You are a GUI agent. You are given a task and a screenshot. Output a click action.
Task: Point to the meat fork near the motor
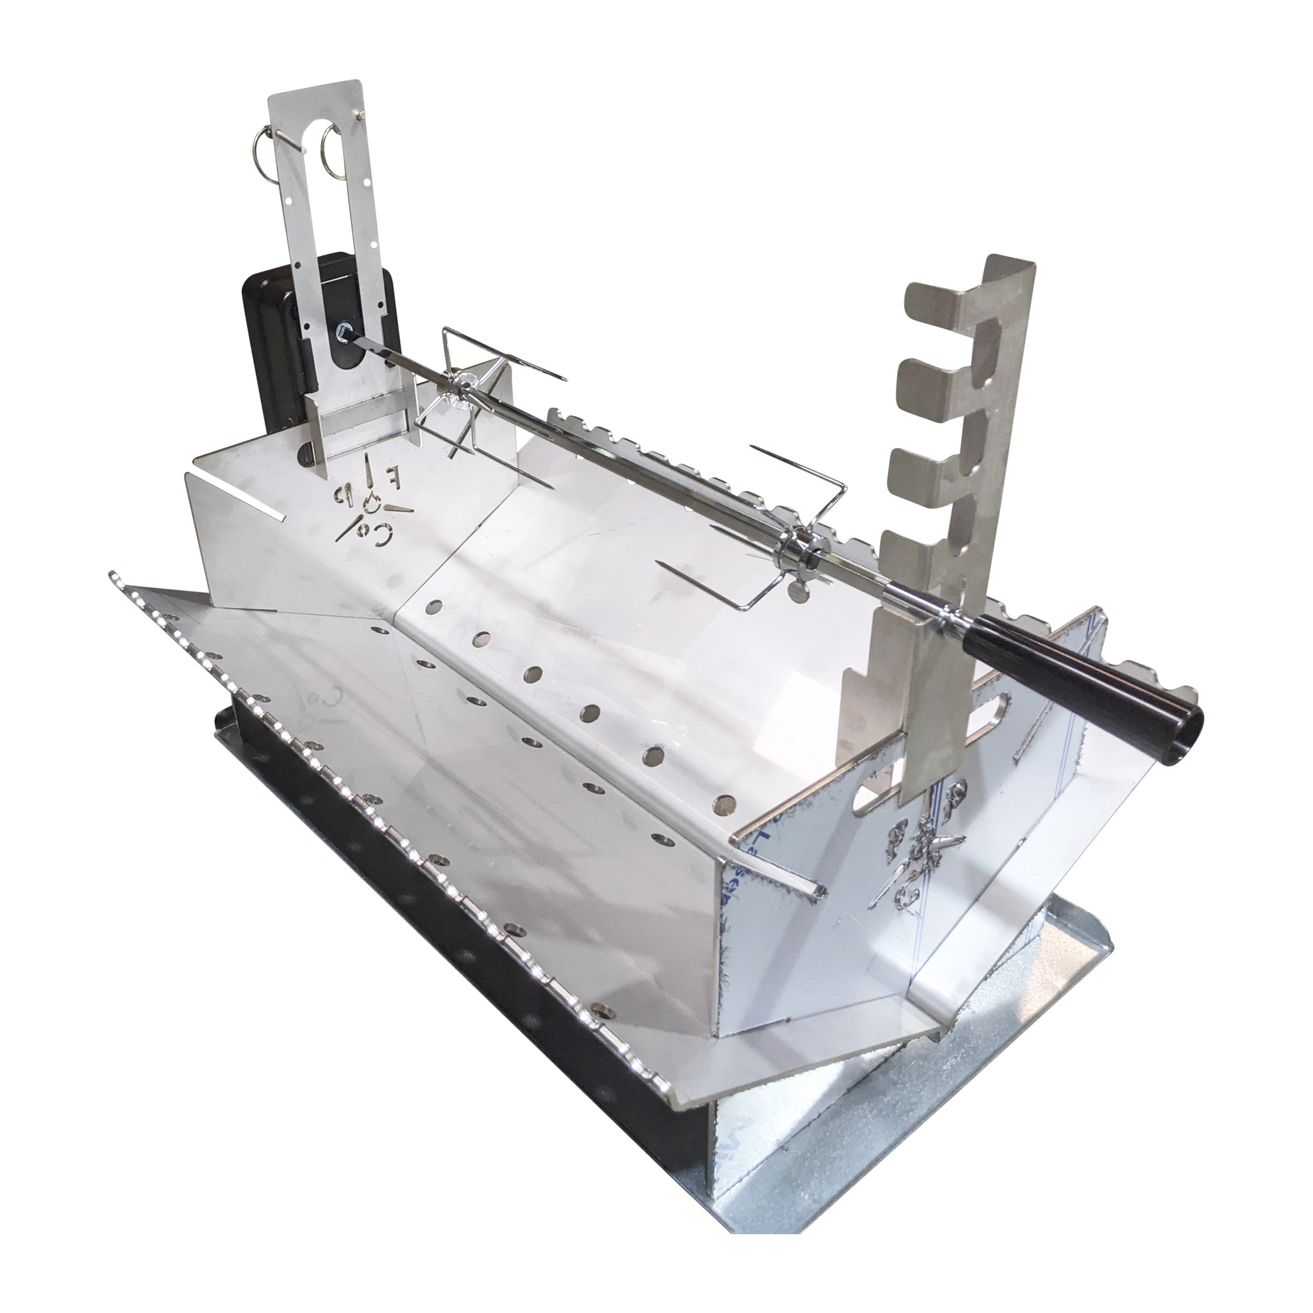click(x=476, y=401)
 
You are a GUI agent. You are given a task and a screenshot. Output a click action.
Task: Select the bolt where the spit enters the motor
click(x=342, y=331)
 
